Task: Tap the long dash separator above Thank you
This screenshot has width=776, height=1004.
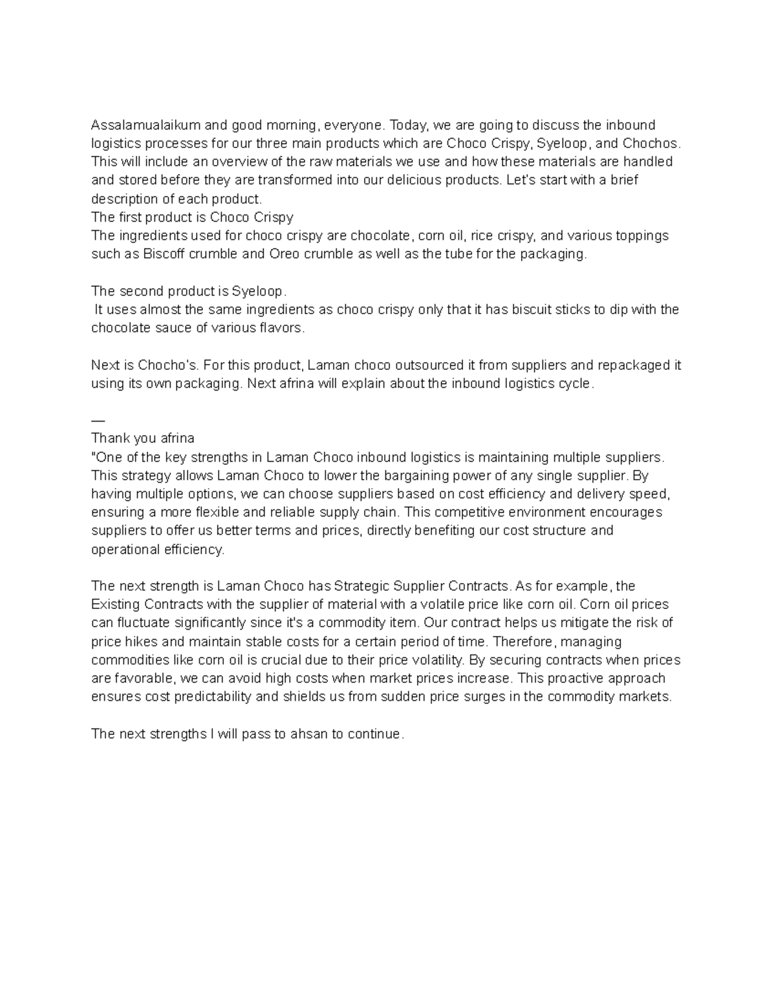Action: click(96, 420)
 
